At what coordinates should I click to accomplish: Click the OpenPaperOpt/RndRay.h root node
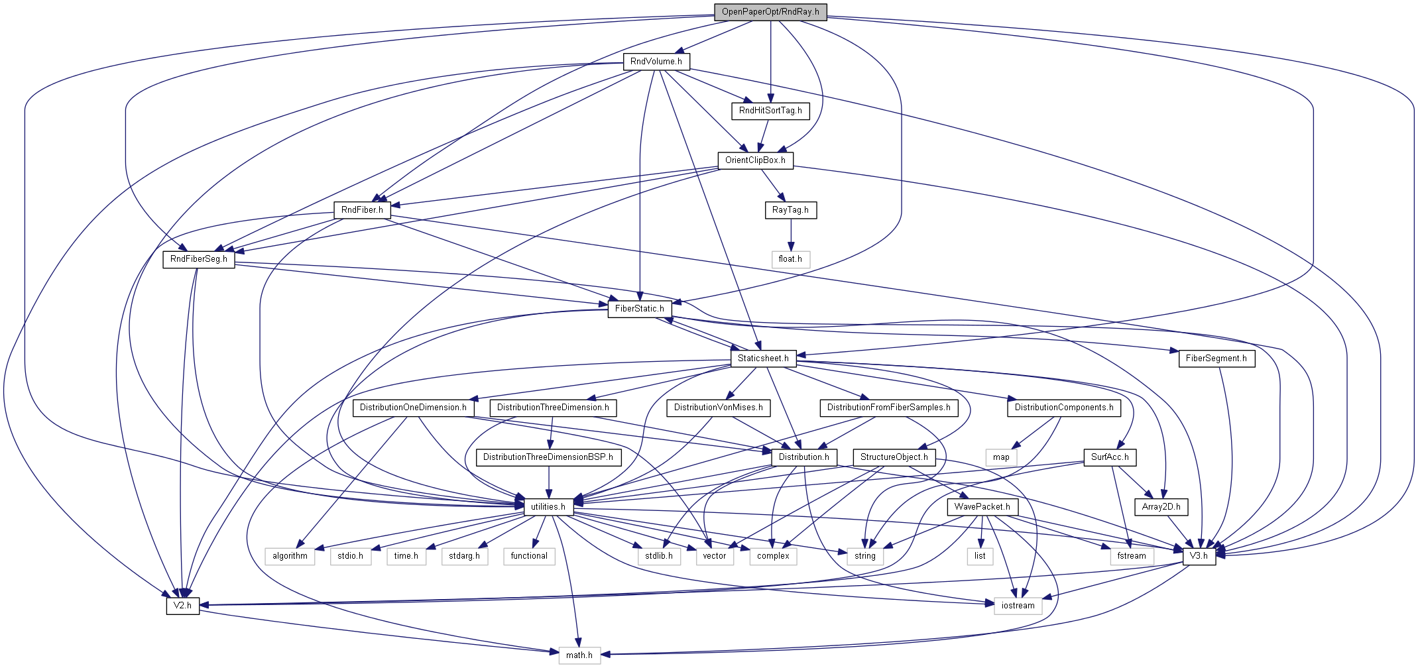coord(770,12)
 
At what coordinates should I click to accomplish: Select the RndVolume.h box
coord(656,62)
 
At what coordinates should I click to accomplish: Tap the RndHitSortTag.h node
coord(770,111)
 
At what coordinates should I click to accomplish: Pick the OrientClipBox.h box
coord(755,160)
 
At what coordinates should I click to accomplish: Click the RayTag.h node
coord(790,210)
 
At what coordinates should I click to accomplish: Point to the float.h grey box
coord(790,259)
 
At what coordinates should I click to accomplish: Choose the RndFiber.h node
coord(362,210)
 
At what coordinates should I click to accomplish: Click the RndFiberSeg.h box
coord(199,259)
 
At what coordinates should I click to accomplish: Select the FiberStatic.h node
coord(640,309)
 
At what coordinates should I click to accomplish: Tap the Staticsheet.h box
coord(763,359)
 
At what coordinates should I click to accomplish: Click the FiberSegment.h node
coord(1216,359)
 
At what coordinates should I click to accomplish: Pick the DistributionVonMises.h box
coord(719,408)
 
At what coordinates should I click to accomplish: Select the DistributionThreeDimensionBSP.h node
coord(548,457)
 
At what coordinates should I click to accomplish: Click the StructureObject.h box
coord(894,457)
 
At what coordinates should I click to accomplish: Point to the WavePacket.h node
coord(982,507)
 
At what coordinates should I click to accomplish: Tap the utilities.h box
coord(548,507)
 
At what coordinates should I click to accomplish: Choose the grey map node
coord(1001,457)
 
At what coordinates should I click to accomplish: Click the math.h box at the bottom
coord(579,655)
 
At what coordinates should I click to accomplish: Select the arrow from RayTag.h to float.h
coord(790,235)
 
